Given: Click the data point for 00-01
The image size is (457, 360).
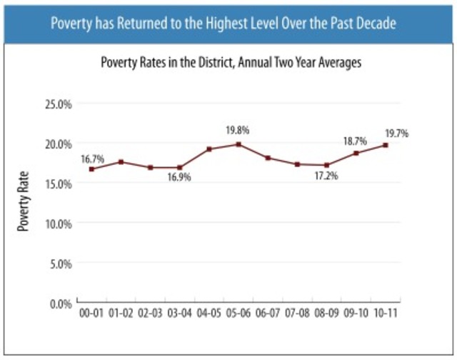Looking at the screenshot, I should point(91,169).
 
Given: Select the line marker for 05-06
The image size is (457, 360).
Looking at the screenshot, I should point(238,144).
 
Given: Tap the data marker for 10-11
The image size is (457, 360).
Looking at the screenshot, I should point(385,145).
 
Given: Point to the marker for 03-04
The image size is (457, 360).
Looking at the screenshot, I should point(179,167).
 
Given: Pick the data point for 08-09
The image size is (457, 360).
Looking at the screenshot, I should point(326,165).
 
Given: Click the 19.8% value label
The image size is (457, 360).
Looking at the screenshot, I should point(238,131).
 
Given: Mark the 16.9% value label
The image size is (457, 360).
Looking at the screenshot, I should point(179,179).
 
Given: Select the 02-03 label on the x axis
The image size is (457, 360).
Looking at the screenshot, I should point(150,314).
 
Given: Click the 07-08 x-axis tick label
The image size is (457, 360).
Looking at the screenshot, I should point(297,314).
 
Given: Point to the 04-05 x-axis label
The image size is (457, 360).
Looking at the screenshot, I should point(209,314).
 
